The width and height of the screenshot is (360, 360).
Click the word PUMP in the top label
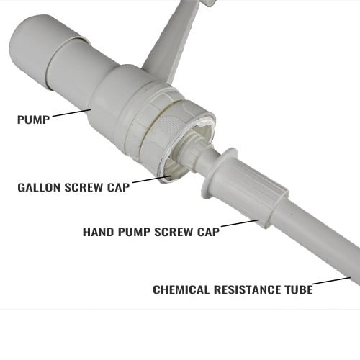(33, 120)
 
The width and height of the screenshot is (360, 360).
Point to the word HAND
(99, 232)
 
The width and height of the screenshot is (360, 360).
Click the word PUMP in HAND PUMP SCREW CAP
(134, 232)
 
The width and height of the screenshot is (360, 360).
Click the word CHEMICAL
(181, 289)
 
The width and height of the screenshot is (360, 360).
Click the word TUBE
(299, 289)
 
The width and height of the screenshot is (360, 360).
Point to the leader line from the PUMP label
(71, 113)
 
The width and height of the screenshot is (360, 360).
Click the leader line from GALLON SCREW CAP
(151, 179)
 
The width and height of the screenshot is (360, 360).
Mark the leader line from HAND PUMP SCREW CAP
(240, 222)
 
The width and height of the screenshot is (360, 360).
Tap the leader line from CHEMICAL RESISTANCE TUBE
(332, 281)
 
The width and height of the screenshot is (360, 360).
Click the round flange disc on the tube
(218, 173)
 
